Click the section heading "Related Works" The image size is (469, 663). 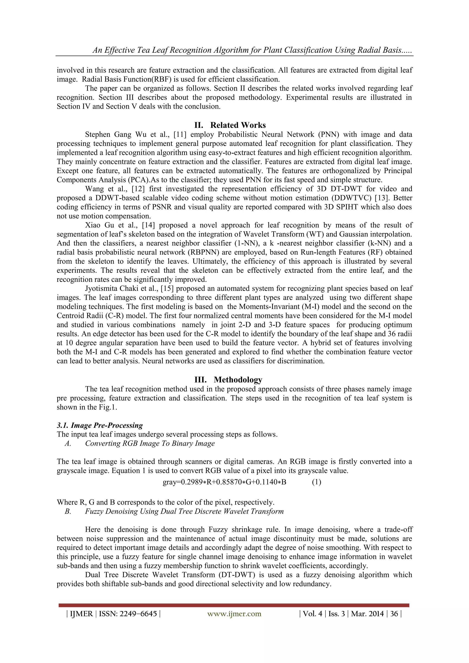[x=238, y=125]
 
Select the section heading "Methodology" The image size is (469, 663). [x=238, y=379]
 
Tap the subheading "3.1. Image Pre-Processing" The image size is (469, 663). [x=100, y=425]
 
